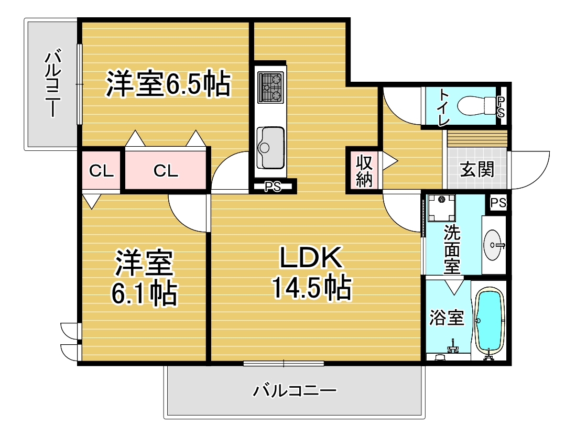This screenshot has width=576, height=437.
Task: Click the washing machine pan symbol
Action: click(441, 208)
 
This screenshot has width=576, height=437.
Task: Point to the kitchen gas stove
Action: click(270, 88)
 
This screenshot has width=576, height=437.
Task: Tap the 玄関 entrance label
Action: click(477, 170)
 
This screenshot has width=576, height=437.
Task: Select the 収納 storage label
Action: click(364, 171)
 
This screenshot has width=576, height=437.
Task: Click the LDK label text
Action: click(311, 257)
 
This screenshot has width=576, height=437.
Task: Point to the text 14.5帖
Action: click(311, 288)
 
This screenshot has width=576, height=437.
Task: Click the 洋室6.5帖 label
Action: click(168, 83)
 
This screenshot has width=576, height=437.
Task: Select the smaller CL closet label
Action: click(101, 171)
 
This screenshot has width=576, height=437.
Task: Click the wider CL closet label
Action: click(166, 171)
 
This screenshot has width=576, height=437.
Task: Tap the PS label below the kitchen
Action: click(273, 187)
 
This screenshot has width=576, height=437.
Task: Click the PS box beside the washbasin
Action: click(498, 203)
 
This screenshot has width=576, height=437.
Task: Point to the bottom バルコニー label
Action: click(294, 390)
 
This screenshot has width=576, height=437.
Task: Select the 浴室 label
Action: click(447, 318)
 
